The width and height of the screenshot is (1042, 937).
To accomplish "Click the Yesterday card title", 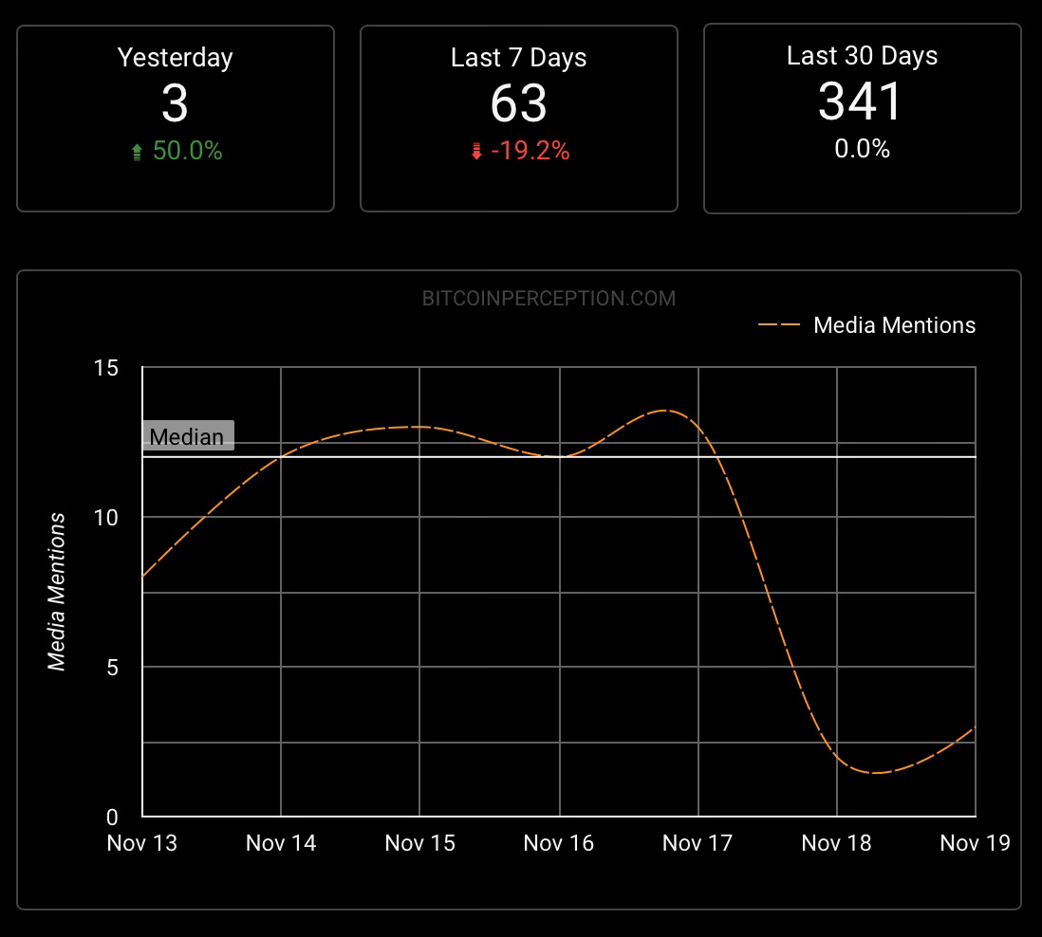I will (175, 58).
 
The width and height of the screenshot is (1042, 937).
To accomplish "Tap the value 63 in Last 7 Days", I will (518, 103).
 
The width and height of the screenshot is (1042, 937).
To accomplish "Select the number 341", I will (862, 101).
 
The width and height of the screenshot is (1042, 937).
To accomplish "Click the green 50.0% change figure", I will (187, 151).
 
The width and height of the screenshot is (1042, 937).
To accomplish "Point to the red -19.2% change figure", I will (530, 151).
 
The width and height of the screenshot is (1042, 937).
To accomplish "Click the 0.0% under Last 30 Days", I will (862, 149).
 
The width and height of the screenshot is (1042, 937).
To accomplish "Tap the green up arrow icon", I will (137, 153).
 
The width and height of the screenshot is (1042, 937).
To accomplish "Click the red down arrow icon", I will (476, 153).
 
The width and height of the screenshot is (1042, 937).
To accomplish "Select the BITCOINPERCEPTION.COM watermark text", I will (549, 299).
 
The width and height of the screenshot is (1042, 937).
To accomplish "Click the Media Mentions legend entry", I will (894, 325).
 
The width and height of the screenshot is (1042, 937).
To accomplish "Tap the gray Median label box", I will (188, 437).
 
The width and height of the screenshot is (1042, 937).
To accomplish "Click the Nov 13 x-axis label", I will (142, 843).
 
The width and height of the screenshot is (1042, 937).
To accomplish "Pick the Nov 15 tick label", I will (419, 843).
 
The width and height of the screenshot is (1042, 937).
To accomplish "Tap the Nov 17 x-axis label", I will (698, 843).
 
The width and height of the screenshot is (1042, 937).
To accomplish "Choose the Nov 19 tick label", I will (975, 843).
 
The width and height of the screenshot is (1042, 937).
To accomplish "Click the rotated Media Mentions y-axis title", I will (59, 592).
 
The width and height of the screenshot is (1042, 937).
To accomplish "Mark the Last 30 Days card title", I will (862, 56).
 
